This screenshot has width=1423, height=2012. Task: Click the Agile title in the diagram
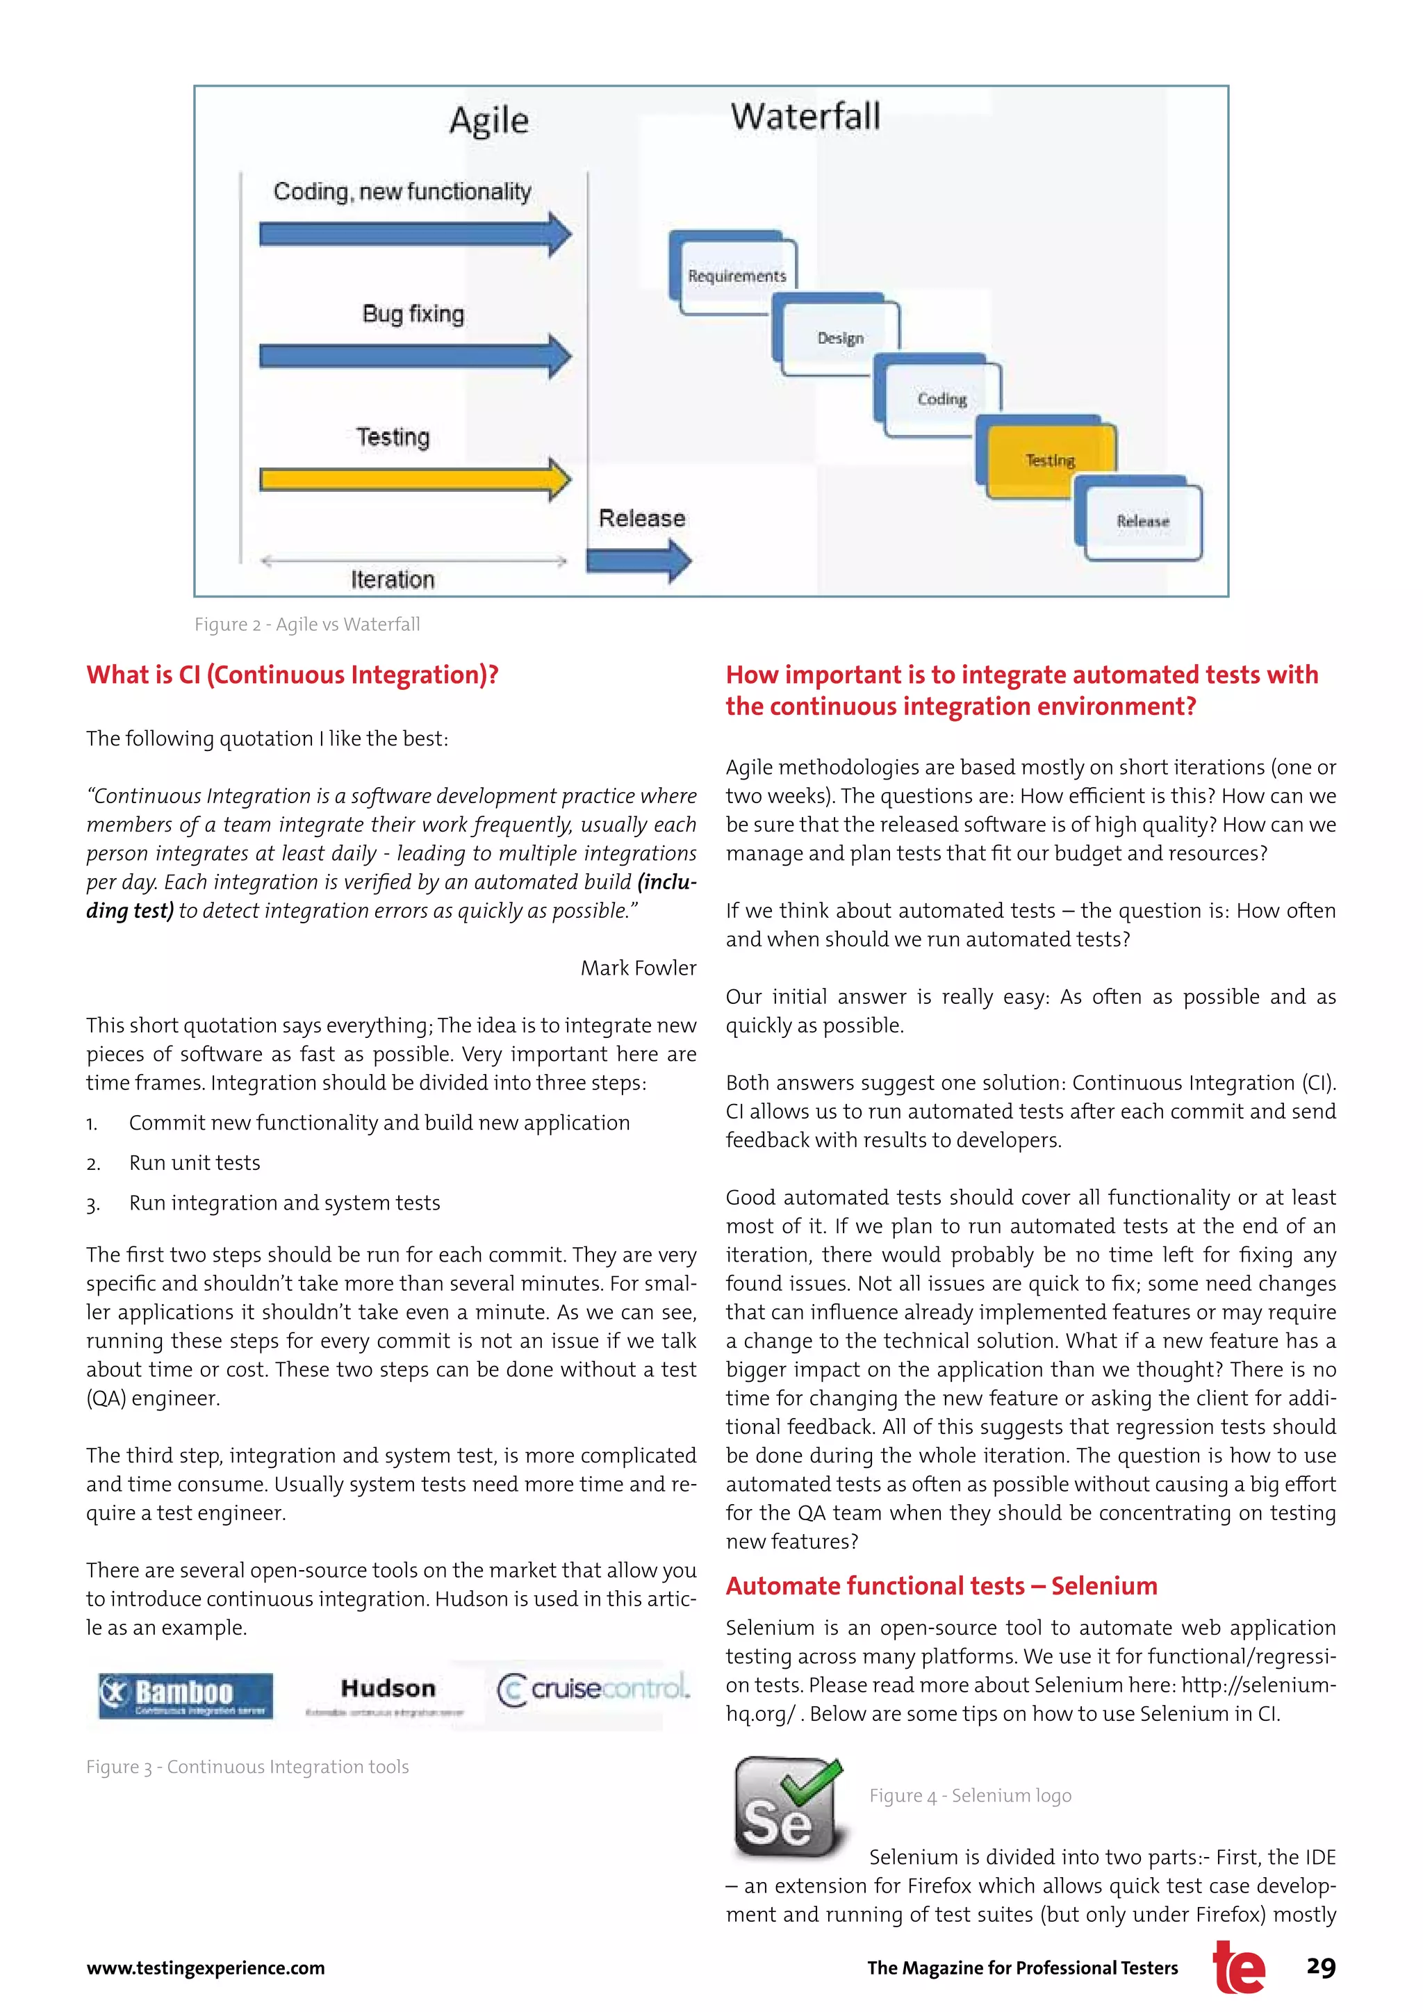[489, 120]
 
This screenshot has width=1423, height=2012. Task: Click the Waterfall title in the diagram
[805, 117]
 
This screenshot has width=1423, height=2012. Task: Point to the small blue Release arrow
[638, 560]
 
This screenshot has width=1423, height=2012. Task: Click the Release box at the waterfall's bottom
[1142, 520]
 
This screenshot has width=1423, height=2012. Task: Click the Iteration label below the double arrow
[393, 579]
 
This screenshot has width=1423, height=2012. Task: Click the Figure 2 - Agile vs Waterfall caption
[306, 624]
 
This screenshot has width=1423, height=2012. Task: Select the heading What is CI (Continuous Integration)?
[292, 675]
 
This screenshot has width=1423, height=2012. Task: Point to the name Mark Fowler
[638, 968]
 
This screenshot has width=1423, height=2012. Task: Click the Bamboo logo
[185, 1696]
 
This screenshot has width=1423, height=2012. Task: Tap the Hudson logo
[387, 1694]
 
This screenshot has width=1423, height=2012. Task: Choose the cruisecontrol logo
[593, 1689]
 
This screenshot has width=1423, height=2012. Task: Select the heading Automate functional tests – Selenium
[941, 1586]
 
